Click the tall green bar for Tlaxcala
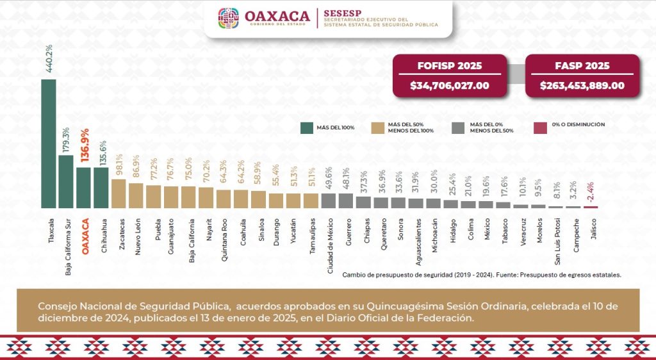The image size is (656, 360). point(48,143)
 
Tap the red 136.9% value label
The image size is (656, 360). point(84,147)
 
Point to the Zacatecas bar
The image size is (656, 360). point(119,193)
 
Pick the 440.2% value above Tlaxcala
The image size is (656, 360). point(49,58)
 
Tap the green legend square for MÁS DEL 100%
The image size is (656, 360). point(307,127)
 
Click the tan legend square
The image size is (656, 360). point(378,127)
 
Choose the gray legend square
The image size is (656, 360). point(458,127)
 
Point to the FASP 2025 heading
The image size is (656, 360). point(582,66)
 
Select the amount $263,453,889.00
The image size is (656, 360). point(582,85)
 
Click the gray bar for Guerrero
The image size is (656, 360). point(346,200)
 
